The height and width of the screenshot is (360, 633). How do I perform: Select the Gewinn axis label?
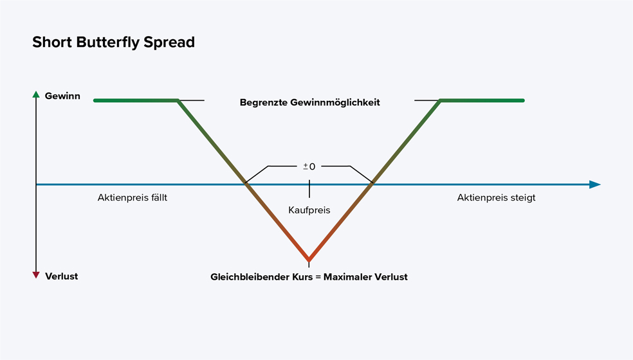coord(62,96)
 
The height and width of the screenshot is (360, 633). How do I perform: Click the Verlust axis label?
coord(62,276)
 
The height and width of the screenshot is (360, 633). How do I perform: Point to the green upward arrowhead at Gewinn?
coord(36,95)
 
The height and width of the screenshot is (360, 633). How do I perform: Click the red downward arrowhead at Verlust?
coord(36,275)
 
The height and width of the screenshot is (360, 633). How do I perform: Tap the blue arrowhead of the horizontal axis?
coord(594,184)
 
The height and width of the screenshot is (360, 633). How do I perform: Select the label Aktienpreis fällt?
coord(133,197)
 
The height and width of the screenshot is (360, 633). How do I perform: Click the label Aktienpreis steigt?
coord(496,197)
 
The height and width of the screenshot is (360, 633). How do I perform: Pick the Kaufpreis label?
coord(309,210)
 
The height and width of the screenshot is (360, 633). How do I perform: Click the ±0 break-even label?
coord(309,166)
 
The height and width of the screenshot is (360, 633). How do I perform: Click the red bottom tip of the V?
coord(309,260)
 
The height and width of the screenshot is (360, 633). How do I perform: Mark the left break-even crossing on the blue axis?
coord(245,184)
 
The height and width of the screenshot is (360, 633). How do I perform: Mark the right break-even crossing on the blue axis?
coord(372,184)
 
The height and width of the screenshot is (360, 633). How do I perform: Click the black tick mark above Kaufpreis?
coord(309,188)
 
